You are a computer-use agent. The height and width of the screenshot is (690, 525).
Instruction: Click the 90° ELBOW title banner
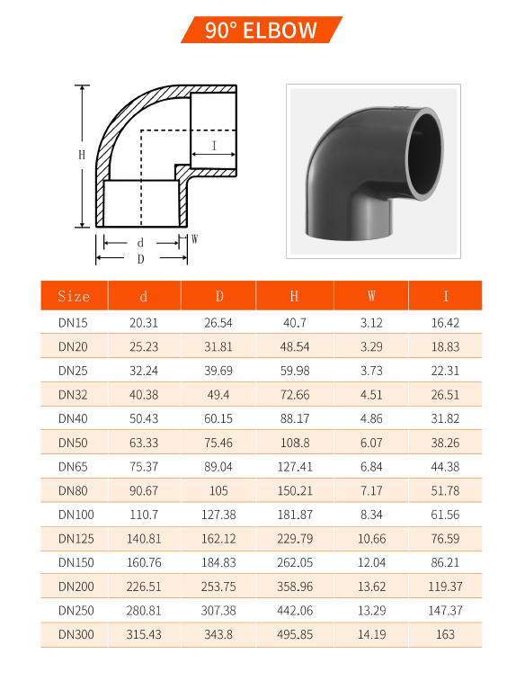(x=262, y=31)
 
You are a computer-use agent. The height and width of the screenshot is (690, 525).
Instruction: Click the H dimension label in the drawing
(x=81, y=155)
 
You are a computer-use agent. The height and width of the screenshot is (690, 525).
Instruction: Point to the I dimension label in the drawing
(x=214, y=145)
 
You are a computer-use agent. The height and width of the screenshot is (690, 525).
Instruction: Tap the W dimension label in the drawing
(x=194, y=239)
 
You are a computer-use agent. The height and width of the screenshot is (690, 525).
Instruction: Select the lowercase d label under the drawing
(x=140, y=243)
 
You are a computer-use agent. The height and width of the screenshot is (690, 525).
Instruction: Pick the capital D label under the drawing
(x=140, y=259)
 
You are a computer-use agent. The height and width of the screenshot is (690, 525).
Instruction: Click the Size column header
(x=74, y=296)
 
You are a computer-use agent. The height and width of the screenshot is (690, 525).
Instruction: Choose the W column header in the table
(x=371, y=296)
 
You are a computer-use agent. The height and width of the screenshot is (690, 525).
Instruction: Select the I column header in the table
(x=445, y=296)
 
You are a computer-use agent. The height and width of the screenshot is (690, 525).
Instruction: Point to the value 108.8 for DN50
(x=294, y=443)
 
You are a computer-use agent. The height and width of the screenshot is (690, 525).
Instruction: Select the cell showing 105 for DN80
(x=218, y=490)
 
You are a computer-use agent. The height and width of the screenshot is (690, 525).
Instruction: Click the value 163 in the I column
(x=445, y=634)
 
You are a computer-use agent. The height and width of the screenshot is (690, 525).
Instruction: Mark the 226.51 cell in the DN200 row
(x=144, y=587)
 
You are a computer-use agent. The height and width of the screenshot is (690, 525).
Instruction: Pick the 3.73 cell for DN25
(x=371, y=371)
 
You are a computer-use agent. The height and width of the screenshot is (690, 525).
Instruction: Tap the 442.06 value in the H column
(x=294, y=611)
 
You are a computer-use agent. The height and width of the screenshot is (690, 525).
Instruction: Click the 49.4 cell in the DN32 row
(x=218, y=395)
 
